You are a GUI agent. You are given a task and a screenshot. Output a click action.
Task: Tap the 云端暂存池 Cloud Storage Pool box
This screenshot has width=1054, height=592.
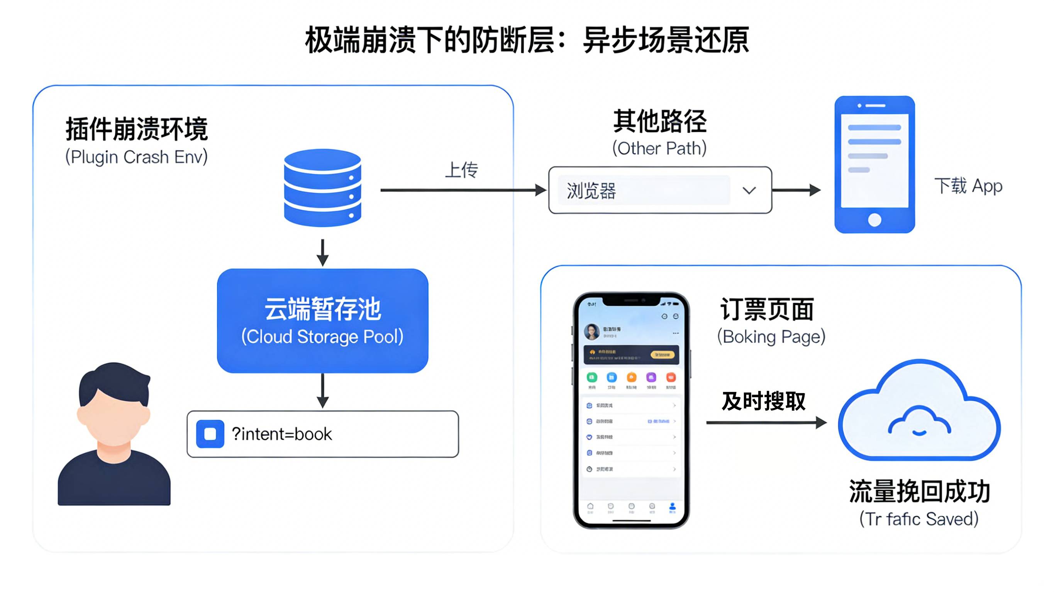pyautogui.click(x=322, y=320)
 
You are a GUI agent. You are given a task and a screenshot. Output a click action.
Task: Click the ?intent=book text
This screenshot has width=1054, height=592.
pyautogui.click(x=281, y=434)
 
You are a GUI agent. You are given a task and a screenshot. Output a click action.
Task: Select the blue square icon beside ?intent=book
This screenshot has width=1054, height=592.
pyautogui.click(x=210, y=434)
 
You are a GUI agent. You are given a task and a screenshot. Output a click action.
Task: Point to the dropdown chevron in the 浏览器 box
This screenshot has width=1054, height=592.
pyautogui.click(x=749, y=191)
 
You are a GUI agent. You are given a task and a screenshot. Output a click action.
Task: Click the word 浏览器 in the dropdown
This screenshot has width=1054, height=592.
pyautogui.click(x=591, y=191)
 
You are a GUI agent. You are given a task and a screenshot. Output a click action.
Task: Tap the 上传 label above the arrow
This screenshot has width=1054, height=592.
pyautogui.click(x=461, y=170)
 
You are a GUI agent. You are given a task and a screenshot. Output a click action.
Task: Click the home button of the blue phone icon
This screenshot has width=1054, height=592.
pyautogui.click(x=874, y=220)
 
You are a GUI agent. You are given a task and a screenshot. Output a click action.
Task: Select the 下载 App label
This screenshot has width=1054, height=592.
pyautogui.click(x=968, y=186)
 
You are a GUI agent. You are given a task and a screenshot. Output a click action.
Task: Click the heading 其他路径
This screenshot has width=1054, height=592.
pyautogui.click(x=659, y=121)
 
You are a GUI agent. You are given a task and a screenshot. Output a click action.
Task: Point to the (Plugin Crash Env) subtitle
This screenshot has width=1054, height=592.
pyautogui.click(x=136, y=157)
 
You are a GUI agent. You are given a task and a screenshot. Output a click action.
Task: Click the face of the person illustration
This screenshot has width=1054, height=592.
pyautogui.click(x=114, y=417)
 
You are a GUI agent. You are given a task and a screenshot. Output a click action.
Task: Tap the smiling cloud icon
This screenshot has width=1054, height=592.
pyautogui.click(x=919, y=413)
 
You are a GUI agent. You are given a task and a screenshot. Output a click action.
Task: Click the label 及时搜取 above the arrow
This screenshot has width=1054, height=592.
pyautogui.click(x=763, y=401)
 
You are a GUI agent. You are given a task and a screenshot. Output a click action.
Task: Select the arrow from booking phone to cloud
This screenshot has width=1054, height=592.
pyautogui.click(x=765, y=423)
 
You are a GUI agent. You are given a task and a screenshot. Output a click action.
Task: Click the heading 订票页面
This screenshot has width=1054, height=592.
pyautogui.click(x=766, y=309)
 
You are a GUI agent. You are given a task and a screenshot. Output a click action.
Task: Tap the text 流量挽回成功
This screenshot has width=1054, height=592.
pyautogui.click(x=919, y=491)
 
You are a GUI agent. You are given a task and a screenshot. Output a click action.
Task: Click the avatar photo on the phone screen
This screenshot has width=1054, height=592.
pyautogui.click(x=591, y=332)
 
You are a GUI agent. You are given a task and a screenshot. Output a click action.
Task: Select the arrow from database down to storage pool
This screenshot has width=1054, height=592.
pyautogui.click(x=322, y=253)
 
